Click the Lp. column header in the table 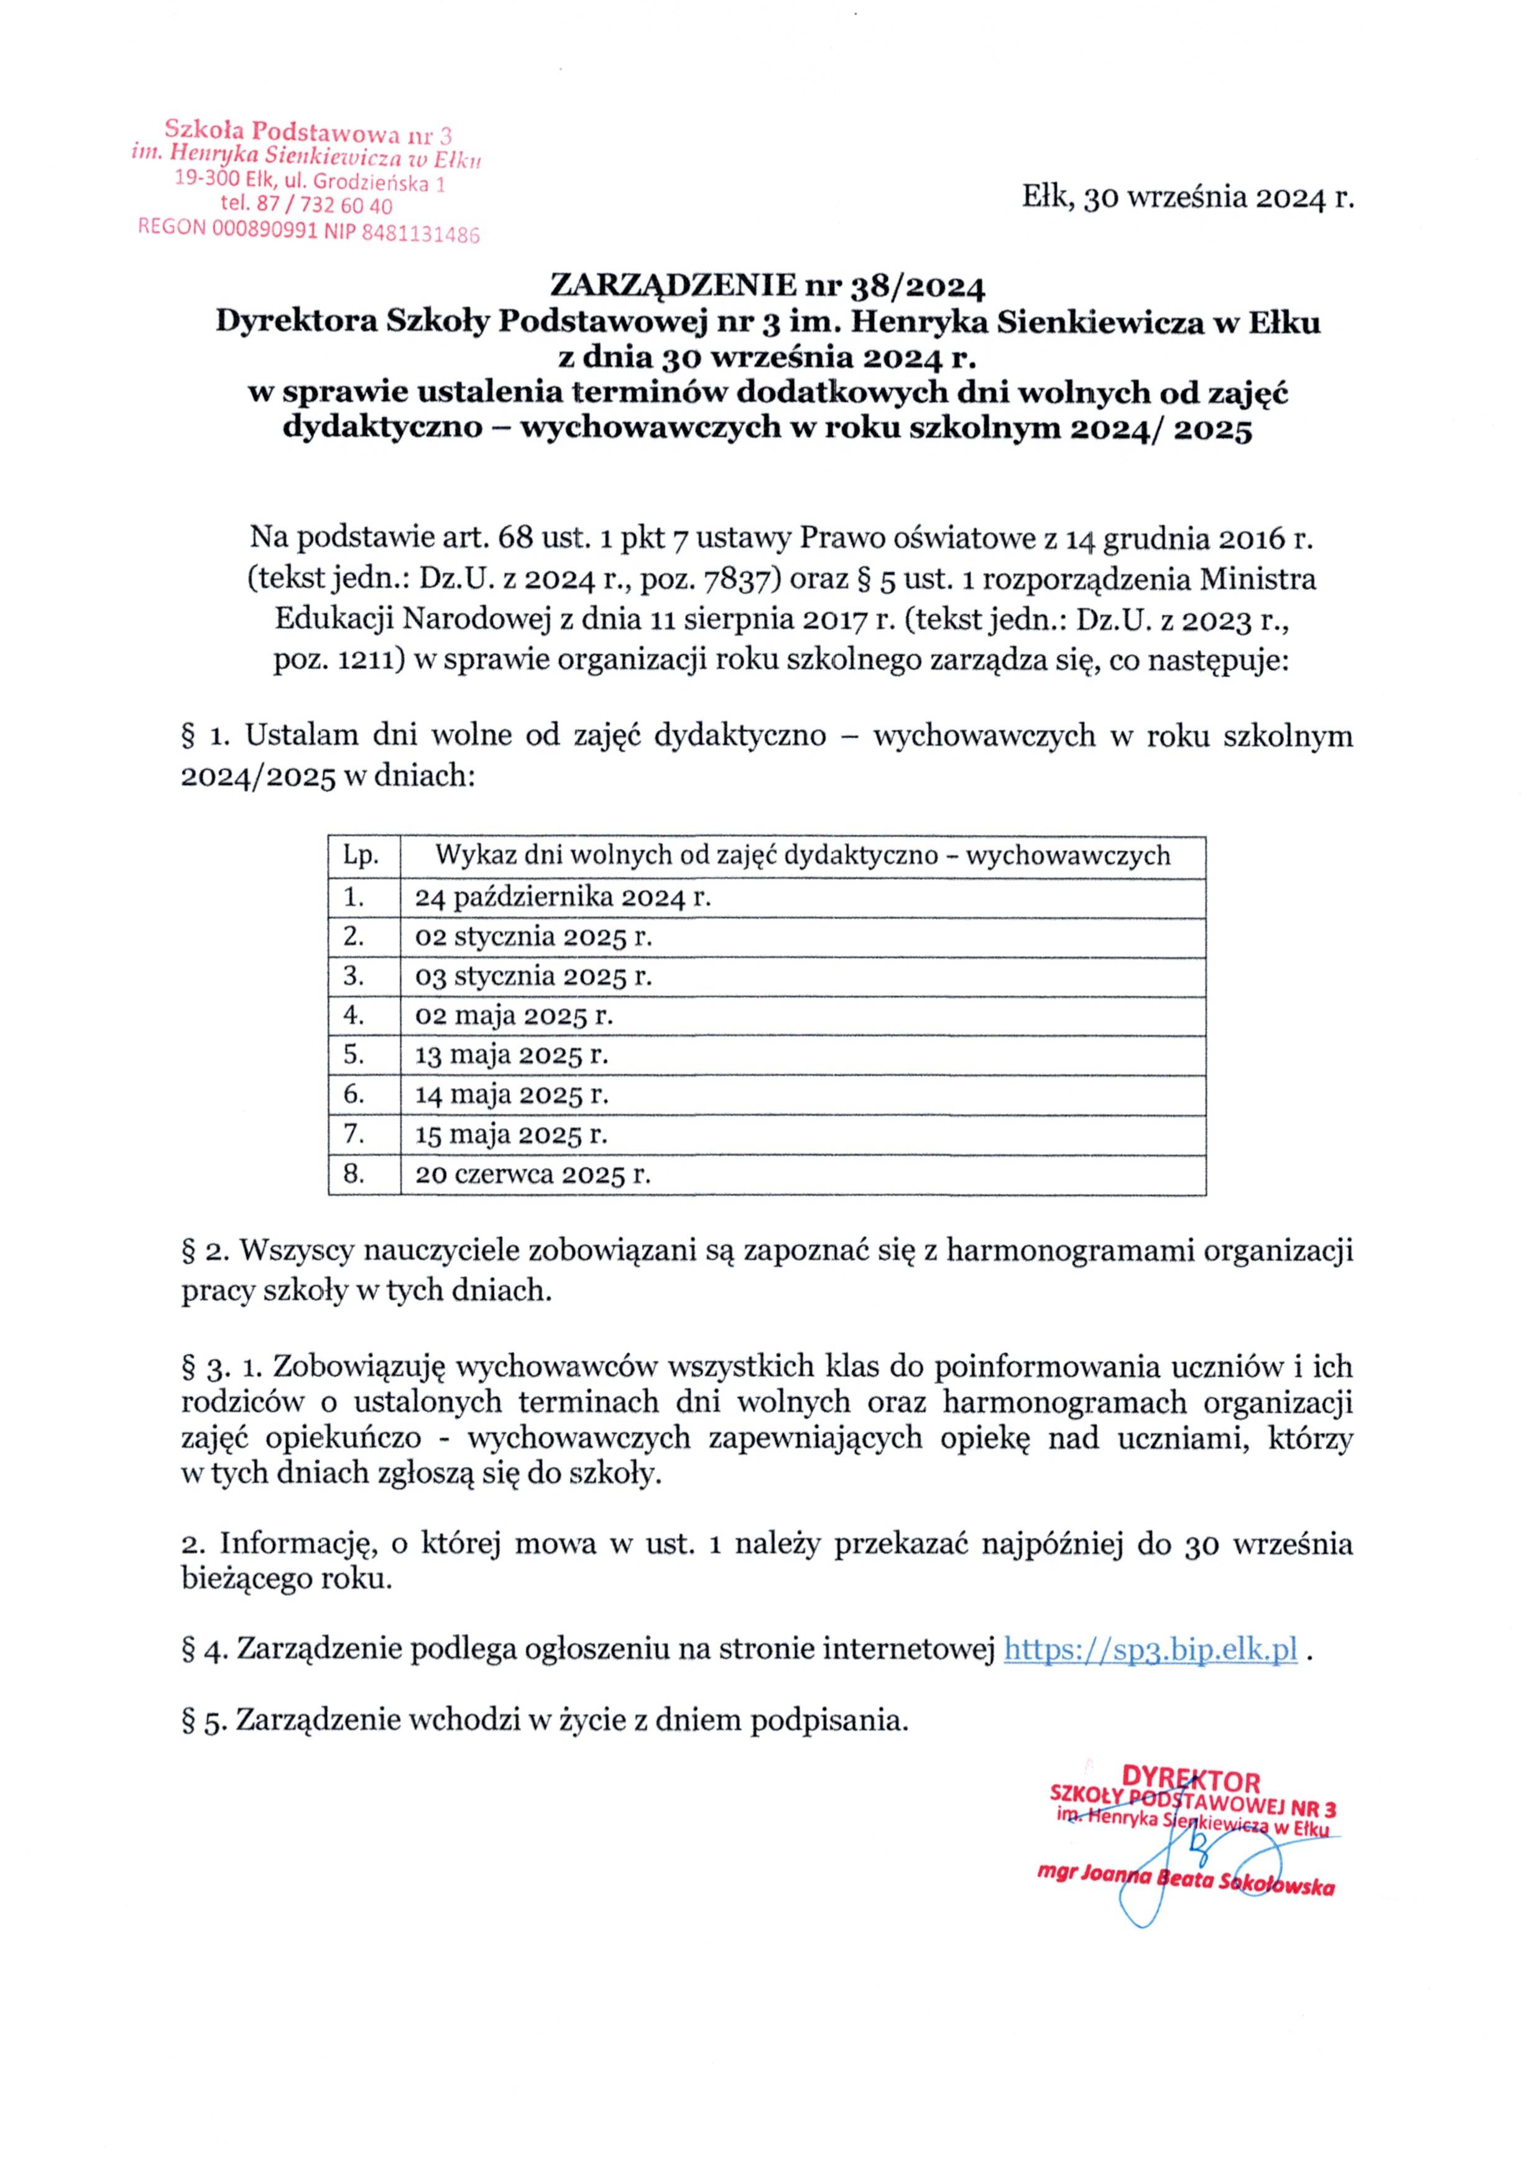tap(361, 855)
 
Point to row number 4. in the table tap(354, 1015)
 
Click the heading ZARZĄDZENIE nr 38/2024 tap(767, 284)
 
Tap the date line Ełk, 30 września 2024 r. tap(1188, 198)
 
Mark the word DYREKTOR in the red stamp tap(1190, 1782)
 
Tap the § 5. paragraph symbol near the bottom tap(203, 1721)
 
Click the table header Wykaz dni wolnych tap(801, 855)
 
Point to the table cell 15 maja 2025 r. tap(511, 1134)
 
